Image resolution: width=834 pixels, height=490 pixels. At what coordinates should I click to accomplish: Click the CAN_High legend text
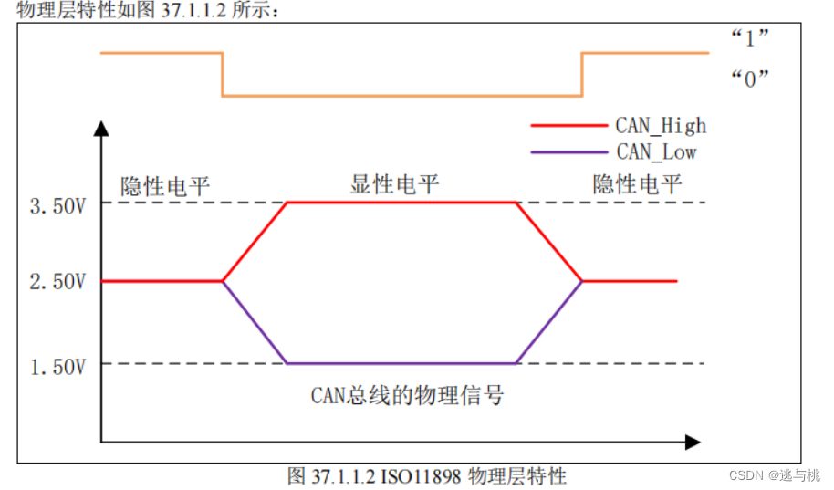(661, 126)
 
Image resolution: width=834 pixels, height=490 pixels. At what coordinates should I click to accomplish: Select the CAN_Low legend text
(656, 151)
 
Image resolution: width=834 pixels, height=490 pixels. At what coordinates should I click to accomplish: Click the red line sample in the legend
(568, 126)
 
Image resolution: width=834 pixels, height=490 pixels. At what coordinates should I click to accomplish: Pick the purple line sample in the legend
(568, 151)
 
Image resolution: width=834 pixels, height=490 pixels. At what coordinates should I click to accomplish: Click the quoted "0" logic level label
(749, 78)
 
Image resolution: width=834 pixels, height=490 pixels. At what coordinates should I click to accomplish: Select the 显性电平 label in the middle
(395, 185)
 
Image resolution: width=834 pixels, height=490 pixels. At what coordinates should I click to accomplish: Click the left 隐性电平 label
(165, 187)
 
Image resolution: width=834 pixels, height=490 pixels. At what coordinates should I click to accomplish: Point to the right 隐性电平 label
(637, 185)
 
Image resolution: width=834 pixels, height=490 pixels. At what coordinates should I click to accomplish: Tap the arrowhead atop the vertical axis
(100, 124)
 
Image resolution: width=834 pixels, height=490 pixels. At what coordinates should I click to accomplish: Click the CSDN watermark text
(775, 475)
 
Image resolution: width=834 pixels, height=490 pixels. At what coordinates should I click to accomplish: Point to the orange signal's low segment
(401, 95)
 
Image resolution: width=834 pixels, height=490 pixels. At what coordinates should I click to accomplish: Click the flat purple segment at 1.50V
(401, 363)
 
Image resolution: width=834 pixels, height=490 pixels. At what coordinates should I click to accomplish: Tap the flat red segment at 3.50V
(401, 203)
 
